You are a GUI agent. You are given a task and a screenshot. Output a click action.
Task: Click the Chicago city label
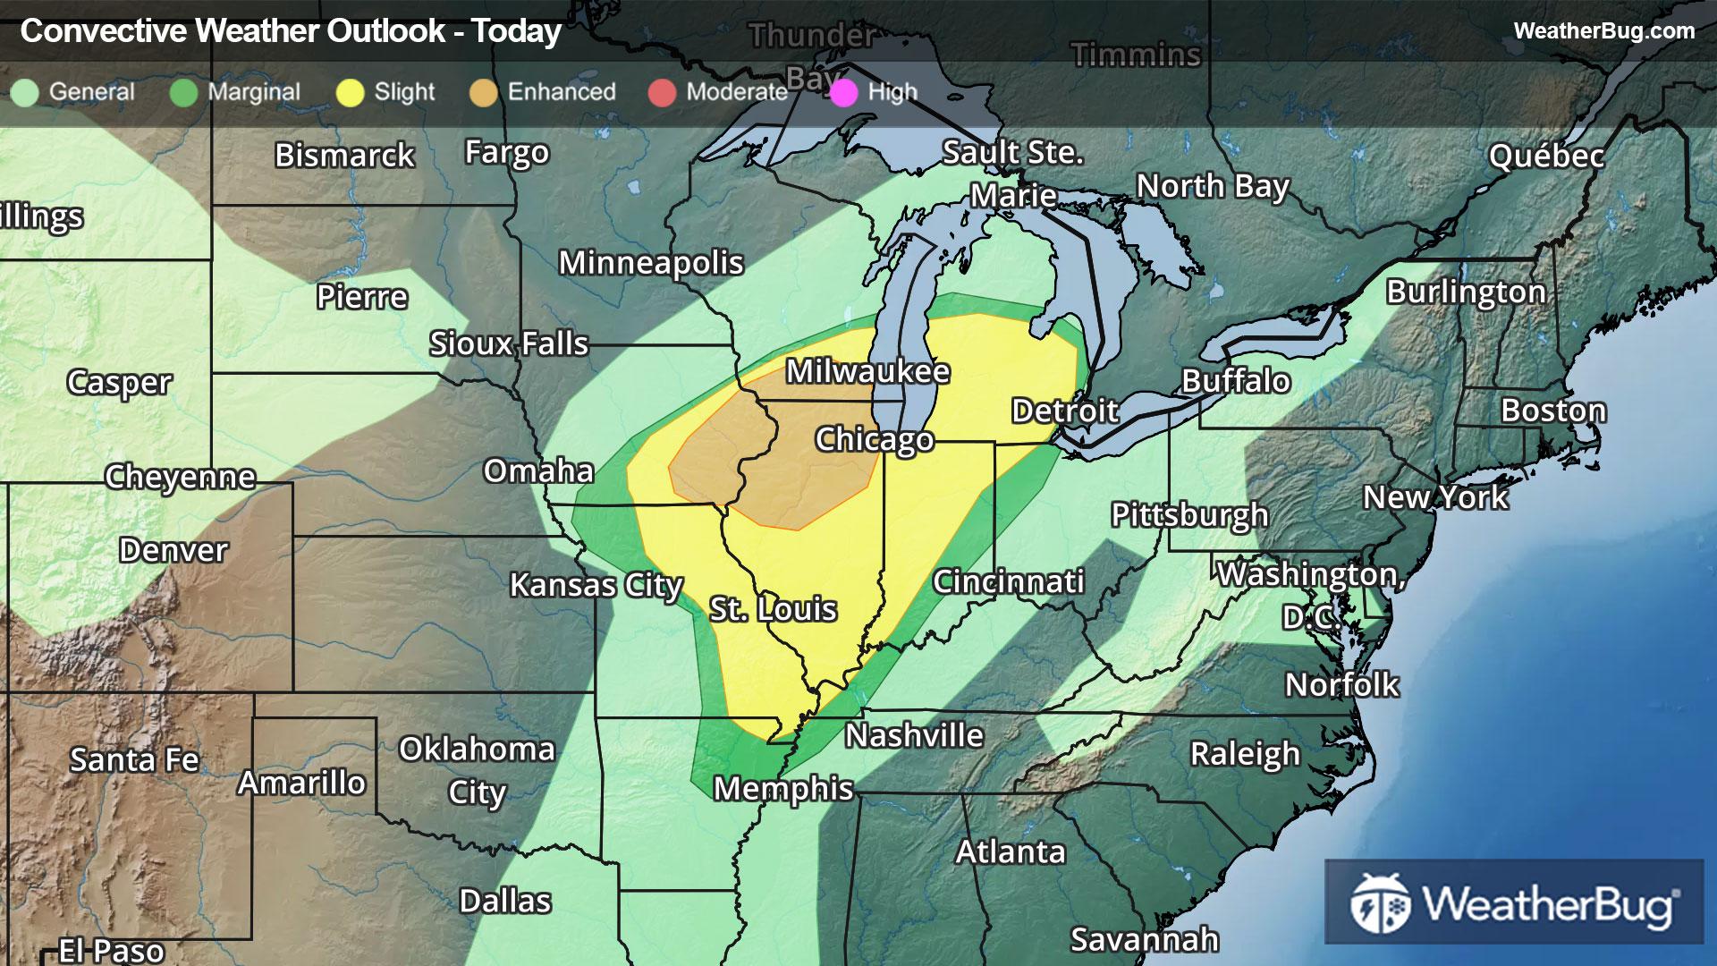pyautogui.click(x=874, y=439)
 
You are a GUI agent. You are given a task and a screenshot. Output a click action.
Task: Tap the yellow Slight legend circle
pyautogui.click(x=350, y=92)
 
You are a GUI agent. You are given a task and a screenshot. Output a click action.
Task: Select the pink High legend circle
pyautogui.click(x=844, y=92)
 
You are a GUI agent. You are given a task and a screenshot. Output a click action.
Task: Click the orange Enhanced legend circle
pyautogui.click(x=484, y=92)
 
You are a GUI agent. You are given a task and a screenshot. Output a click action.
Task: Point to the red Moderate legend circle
pyautogui.click(x=662, y=92)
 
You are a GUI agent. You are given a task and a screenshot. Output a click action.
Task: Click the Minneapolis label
pyautogui.click(x=651, y=263)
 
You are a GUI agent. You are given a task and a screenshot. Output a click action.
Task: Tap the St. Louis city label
pyautogui.click(x=773, y=609)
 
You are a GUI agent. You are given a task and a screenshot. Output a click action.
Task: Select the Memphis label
pyautogui.click(x=783, y=789)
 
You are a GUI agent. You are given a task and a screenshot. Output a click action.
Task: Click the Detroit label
pyautogui.click(x=1064, y=411)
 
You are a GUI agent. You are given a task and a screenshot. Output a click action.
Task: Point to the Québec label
pyautogui.click(x=1546, y=157)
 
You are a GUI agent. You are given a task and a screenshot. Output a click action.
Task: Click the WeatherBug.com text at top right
pyautogui.click(x=1603, y=30)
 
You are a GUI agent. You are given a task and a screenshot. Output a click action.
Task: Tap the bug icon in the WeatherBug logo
pyautogui.click(x=1380, y=903)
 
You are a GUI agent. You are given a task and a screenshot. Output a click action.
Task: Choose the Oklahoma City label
pyautogui.click(x=477, y=770)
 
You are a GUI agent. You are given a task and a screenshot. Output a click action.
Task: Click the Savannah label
pyautogui.click(x=1144, y=939)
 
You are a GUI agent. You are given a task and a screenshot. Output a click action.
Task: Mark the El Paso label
pyautogui.click(x=111, y=950)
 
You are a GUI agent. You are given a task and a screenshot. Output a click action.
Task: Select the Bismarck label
pyautogui.click(x=344, y=156)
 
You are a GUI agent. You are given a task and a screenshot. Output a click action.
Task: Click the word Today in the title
pyautogui.click(x=516, y=31)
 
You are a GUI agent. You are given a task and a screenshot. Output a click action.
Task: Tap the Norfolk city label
pyautogui.click(x=1341, y=685)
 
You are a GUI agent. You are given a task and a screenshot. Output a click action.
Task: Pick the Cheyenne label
pyautogui.click(x=180, y=477)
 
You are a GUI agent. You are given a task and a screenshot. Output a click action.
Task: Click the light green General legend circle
pyautogui.click(x=25, y=92)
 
